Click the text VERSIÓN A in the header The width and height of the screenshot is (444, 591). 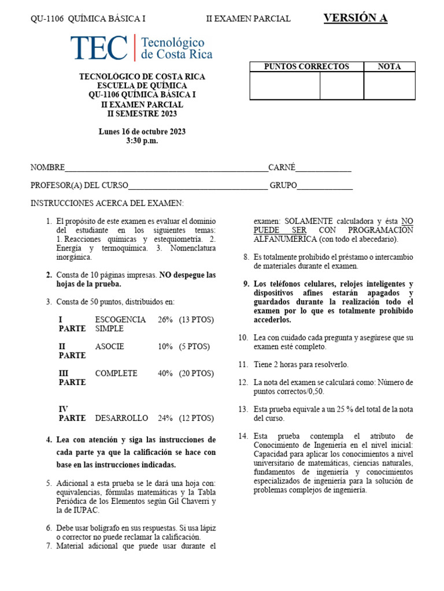click(x=355, y=18)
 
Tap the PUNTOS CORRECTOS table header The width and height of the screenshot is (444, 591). click(x=306, y=66)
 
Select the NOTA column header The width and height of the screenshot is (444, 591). click(x=389, y=66)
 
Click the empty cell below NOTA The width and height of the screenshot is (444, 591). click(x=389, y=85)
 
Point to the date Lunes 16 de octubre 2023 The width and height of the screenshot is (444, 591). click(x=142, y=132)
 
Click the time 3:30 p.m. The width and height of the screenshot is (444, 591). click(x=142, y=141)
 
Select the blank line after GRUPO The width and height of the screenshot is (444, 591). click(x=325, y=185)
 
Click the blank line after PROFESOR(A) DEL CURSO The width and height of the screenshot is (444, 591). click(x=198, y=185)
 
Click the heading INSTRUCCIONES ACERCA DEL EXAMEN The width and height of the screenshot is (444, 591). click(x=107, y=203)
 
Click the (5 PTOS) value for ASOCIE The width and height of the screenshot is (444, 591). click(x=194, y=346)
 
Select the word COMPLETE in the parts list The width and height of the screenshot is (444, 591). click(x=116, y=373)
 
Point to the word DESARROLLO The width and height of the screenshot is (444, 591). click(x=121, y=418)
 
